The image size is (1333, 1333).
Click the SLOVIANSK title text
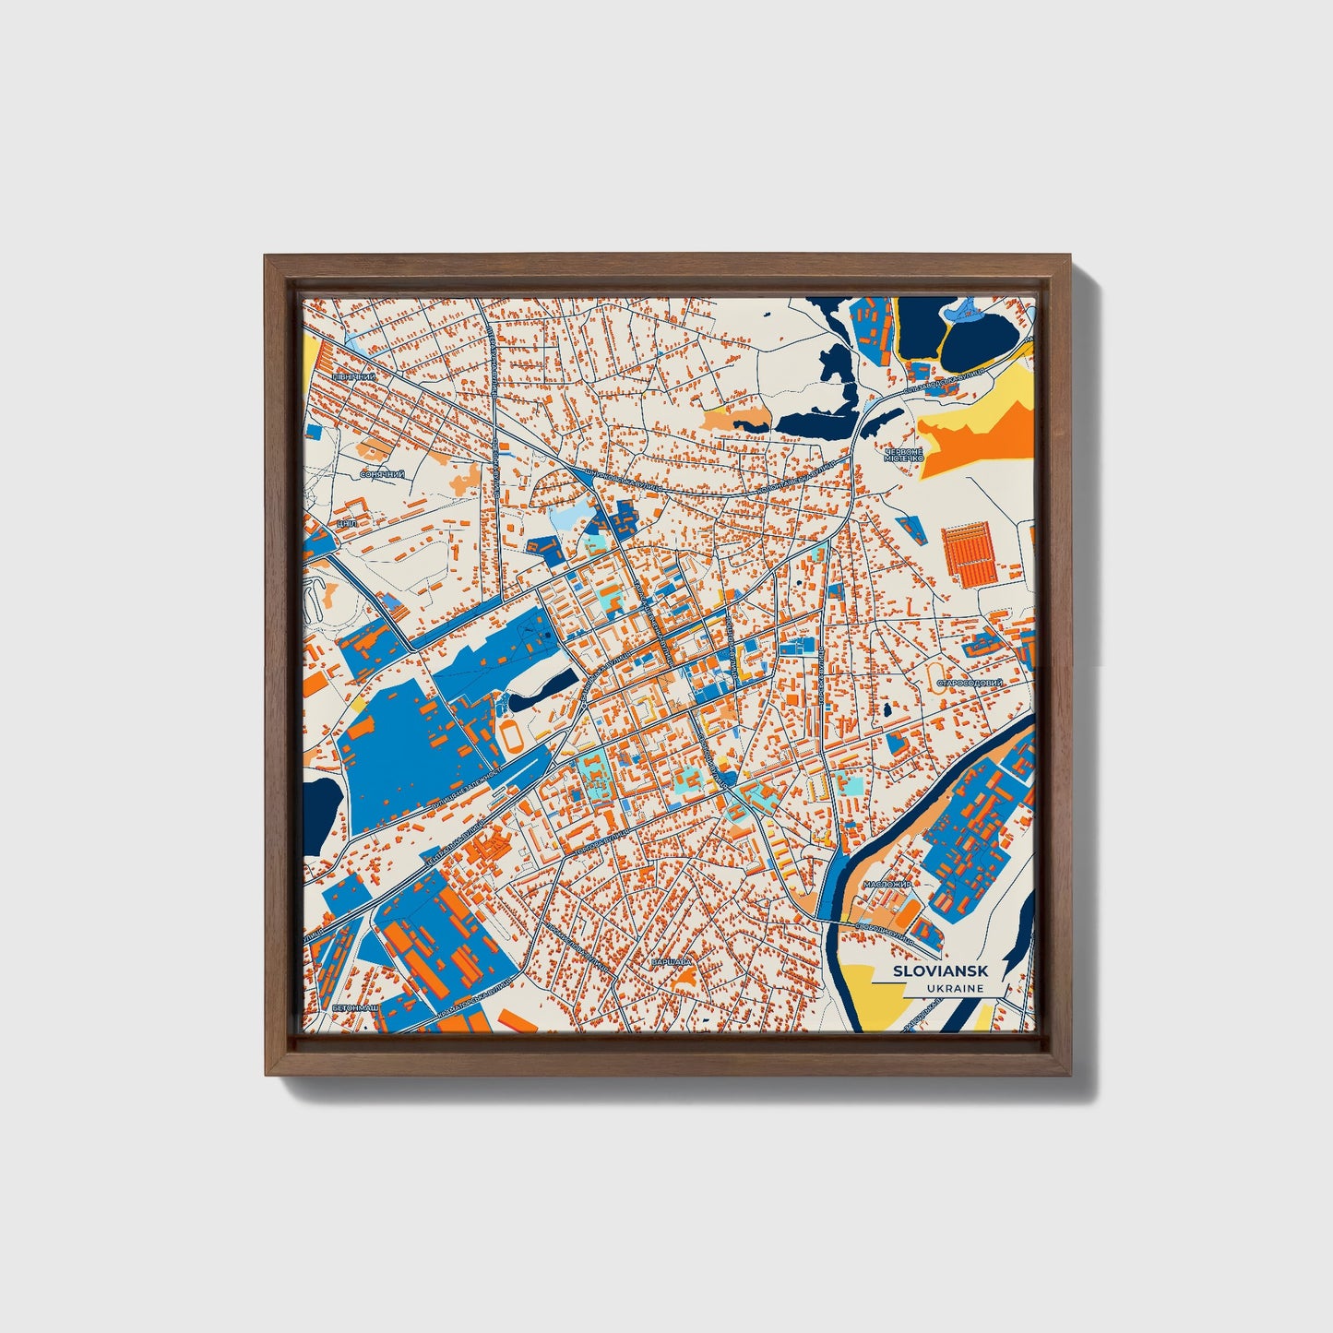coord(940,970)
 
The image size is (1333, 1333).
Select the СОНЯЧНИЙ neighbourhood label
coord(382,474)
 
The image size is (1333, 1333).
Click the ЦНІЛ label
coord(348,523)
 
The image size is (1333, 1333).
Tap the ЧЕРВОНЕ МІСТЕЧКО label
coord(903,454)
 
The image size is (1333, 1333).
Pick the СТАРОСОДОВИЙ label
coord(970,684)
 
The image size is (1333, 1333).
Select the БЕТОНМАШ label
coord(356,1007)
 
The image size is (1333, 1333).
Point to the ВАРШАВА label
coord(671,962)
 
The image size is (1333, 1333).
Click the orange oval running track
coord(510,736)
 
